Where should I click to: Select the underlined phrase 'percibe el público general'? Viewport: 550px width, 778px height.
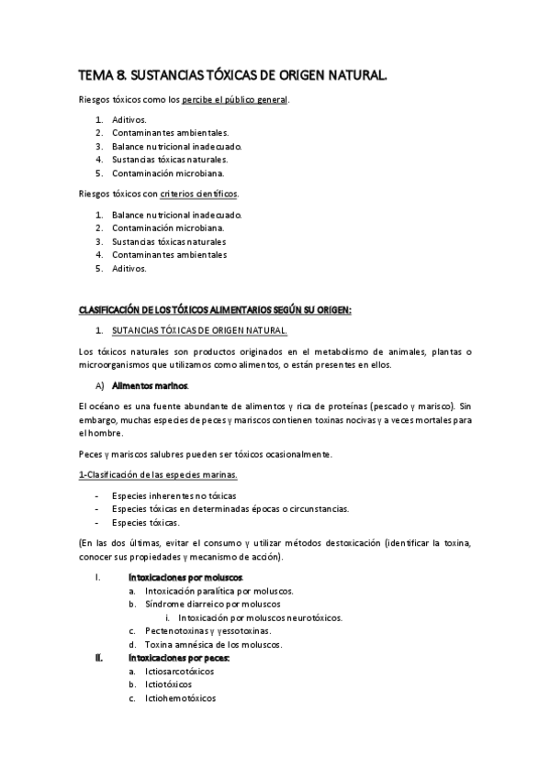coord(234,99)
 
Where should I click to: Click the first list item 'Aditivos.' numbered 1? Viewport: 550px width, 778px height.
coord(129,119)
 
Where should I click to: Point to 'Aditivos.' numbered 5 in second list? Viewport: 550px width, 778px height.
coord(129,269)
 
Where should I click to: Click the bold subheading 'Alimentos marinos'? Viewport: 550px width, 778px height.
coord(156,385)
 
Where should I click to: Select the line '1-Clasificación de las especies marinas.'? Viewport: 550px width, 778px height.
coord(157,474)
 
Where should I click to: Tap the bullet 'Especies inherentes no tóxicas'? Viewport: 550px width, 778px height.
coord(174,495)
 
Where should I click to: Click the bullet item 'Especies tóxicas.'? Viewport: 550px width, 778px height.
coord(145,522)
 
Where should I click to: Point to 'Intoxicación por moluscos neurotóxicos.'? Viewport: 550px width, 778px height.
coord(260,617)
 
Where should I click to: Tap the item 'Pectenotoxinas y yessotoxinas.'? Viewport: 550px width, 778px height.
coord(207,631)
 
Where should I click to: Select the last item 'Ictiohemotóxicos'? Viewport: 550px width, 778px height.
coord(180,698)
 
